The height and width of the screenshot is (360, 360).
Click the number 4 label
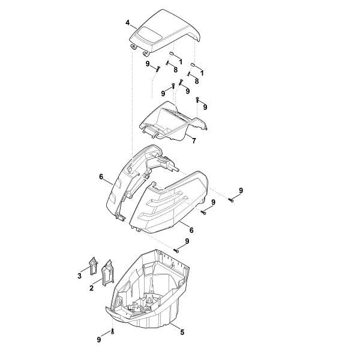(127, 23)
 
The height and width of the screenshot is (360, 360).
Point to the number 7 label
(194, 140)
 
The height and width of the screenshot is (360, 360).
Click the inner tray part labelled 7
(173, 121)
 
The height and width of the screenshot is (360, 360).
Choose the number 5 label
(182, 332)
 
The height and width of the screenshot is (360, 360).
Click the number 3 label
(79, 275)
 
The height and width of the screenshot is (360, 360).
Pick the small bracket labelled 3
(94, 266)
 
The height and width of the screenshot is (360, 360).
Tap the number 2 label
(91, 287)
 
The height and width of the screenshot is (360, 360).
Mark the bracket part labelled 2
(107, 273)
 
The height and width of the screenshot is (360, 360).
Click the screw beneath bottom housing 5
(112, 331)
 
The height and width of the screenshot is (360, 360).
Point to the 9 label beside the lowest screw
(99, 340)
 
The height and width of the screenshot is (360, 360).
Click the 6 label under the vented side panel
(191, 230)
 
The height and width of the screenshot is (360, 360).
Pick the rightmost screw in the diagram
(231, 200)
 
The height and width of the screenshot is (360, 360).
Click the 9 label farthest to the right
(241, 190)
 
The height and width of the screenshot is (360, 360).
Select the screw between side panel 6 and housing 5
(176, 251)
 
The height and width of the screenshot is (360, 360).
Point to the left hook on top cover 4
(133, 47)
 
